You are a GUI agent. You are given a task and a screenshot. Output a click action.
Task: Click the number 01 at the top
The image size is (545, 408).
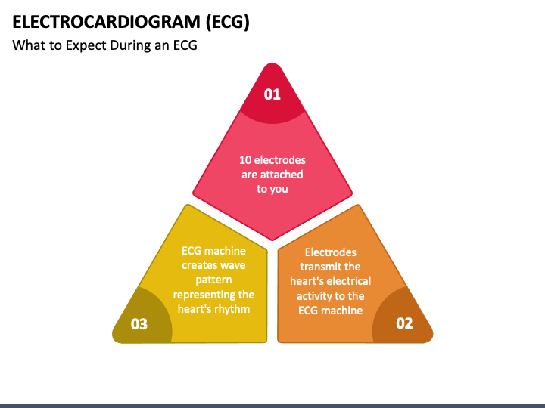(x=272, y=94)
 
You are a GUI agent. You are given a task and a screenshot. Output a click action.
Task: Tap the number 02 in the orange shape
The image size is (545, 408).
(x=404, y=323)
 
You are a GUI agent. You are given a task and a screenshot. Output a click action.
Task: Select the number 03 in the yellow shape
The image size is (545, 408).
(x=139, y=324)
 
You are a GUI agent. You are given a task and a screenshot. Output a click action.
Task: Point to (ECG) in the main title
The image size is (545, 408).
(x=228, y=21)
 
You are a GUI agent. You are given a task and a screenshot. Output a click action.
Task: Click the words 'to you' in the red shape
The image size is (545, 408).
(x=272, y=189)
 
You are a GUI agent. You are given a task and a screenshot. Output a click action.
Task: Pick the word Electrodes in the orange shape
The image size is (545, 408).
(x=330, y=252)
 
